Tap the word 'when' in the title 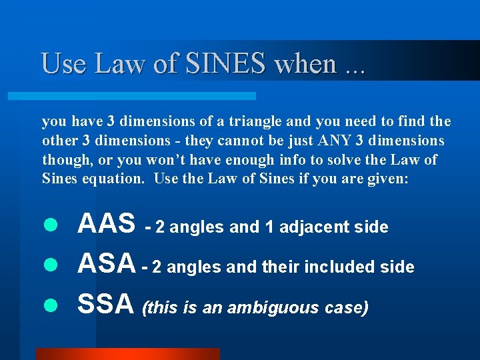(305, 64)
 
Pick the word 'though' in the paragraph (64, 160)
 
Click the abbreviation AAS (106, 225)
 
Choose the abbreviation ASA (106, 265)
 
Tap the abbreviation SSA (106, 305)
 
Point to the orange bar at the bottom (127, 354)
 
